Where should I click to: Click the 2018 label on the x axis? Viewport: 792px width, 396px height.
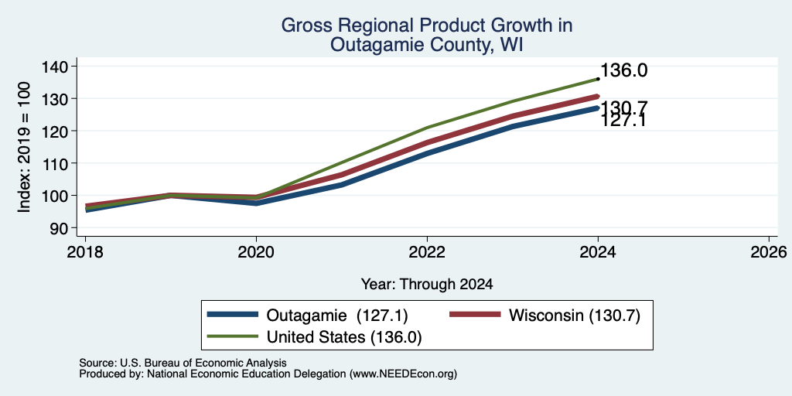pyautogui.click(x=85, y=251)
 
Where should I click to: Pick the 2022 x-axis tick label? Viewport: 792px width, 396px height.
pyautogui.click(x=427, y=251)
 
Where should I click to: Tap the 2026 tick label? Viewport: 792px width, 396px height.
pyautogui.click(x=770, y=251)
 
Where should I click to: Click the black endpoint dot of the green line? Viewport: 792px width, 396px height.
pyautogui.click(x=598, y=79)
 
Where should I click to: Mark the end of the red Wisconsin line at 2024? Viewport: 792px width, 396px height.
pyautogui.click(x=598, y=96)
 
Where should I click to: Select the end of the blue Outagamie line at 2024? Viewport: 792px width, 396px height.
pyautogui.click(x=598, y=108)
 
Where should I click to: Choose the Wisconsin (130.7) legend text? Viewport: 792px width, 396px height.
pyautogui.click(x=575, y=316)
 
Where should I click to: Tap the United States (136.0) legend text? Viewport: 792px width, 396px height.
pyautogui.click(x=344, y=336)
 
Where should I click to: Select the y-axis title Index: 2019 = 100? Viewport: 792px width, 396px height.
pyautogui.click(x=24, y=147)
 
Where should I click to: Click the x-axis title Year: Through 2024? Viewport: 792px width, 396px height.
pyautogui.click(x=427, y=285)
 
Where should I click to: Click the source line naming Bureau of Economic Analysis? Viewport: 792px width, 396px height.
pyautogui.click(x=183, y=363)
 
